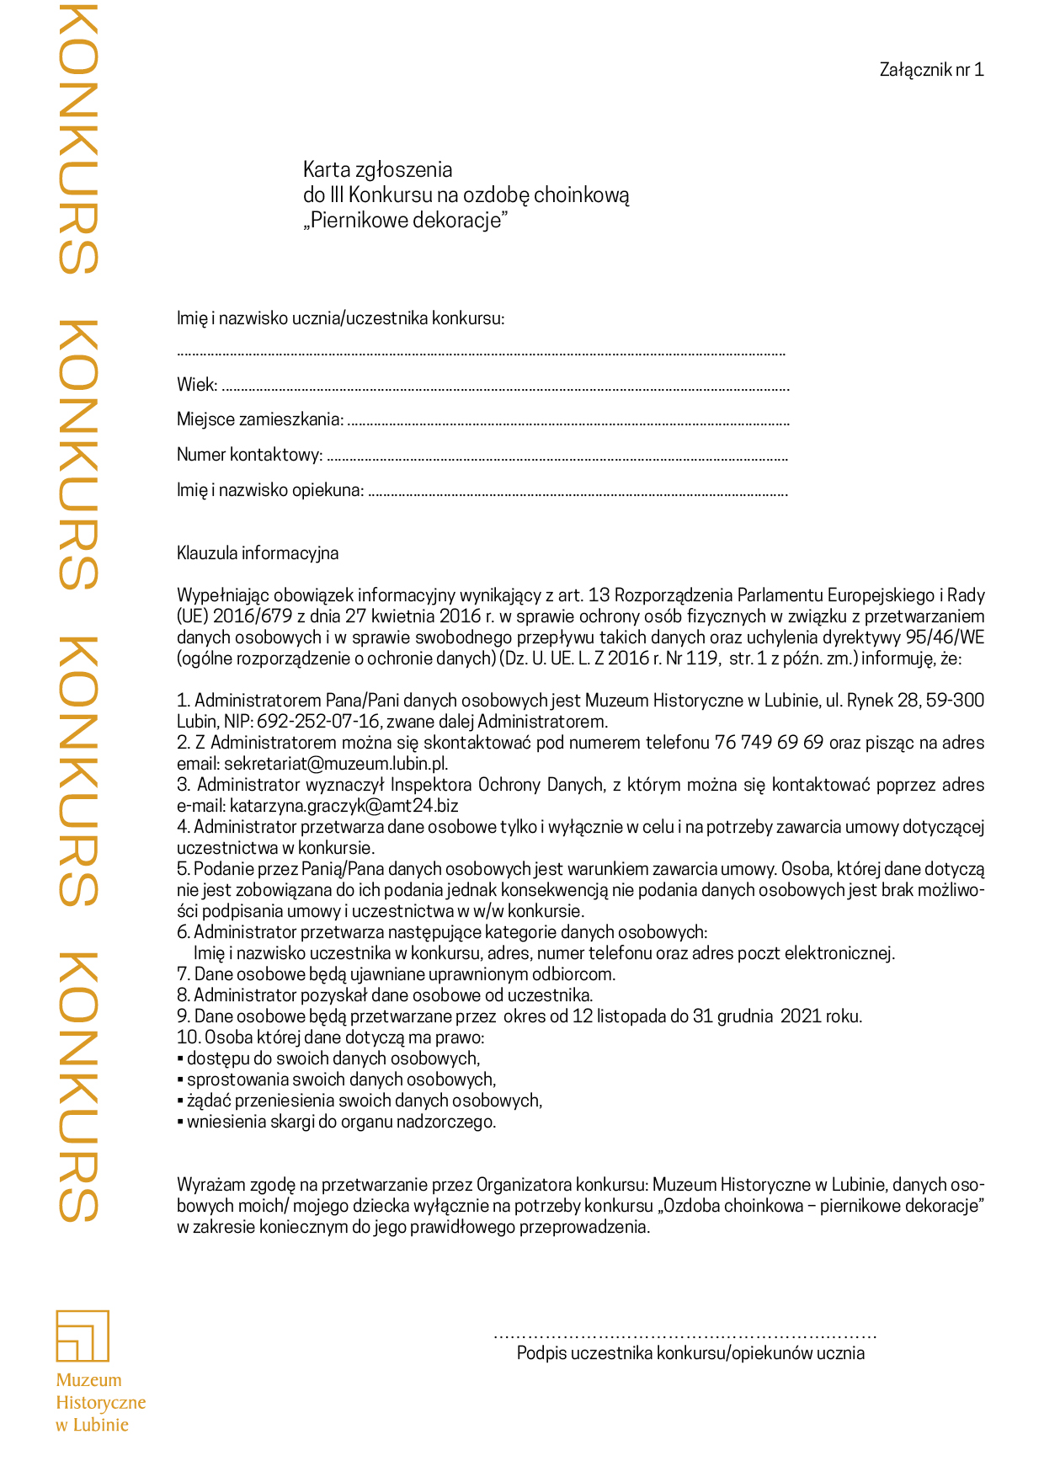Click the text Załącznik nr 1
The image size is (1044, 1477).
tap(931, 70)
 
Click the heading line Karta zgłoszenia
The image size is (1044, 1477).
tap(377, 169)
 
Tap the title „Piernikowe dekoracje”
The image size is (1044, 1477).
tap(406, 221)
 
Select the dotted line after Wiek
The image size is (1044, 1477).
tap(505, 389)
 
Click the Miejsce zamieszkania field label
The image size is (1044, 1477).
tap(260, 419)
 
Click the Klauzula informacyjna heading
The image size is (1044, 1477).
tap(258, 553)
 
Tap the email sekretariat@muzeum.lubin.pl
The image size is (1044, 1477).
tap(335, 764)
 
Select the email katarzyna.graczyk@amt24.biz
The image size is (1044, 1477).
tap(344, 806)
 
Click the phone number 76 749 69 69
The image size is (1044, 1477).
tap(769, 743)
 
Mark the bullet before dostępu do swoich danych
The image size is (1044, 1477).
tap(180, 1059)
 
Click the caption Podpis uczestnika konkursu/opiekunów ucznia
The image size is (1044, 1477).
tap(690, 1353)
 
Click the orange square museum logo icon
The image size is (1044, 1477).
tap(83, 1336)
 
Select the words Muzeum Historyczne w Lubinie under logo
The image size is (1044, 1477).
tap(100, 1402)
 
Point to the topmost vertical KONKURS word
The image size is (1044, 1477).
tap(78, 139)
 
